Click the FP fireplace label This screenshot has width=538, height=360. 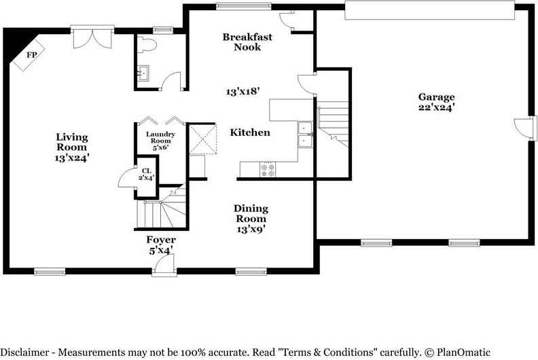coord(31,54)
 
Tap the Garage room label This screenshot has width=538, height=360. coord(436,97)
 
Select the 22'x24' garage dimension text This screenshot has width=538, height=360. coord(436,107)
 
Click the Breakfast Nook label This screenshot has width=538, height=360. coord(247,42)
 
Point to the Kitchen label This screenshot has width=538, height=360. coord(250,132)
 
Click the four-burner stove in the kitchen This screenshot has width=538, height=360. coord(268,170)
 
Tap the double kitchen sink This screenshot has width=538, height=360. coord(305,134)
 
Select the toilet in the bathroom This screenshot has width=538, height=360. coord(147,44)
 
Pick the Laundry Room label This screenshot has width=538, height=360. coord(160,137)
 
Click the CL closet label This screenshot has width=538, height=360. coord(147,171)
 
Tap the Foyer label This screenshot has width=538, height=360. coord(161,240)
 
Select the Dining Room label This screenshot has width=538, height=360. coord(251,213)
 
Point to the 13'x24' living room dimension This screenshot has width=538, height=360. coord(72,158)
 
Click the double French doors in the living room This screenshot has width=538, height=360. coord(92,37)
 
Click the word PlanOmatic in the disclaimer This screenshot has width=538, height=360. coord(463,352)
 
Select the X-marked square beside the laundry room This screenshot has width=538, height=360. coord(203,139)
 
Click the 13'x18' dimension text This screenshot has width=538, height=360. coord(243,92)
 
